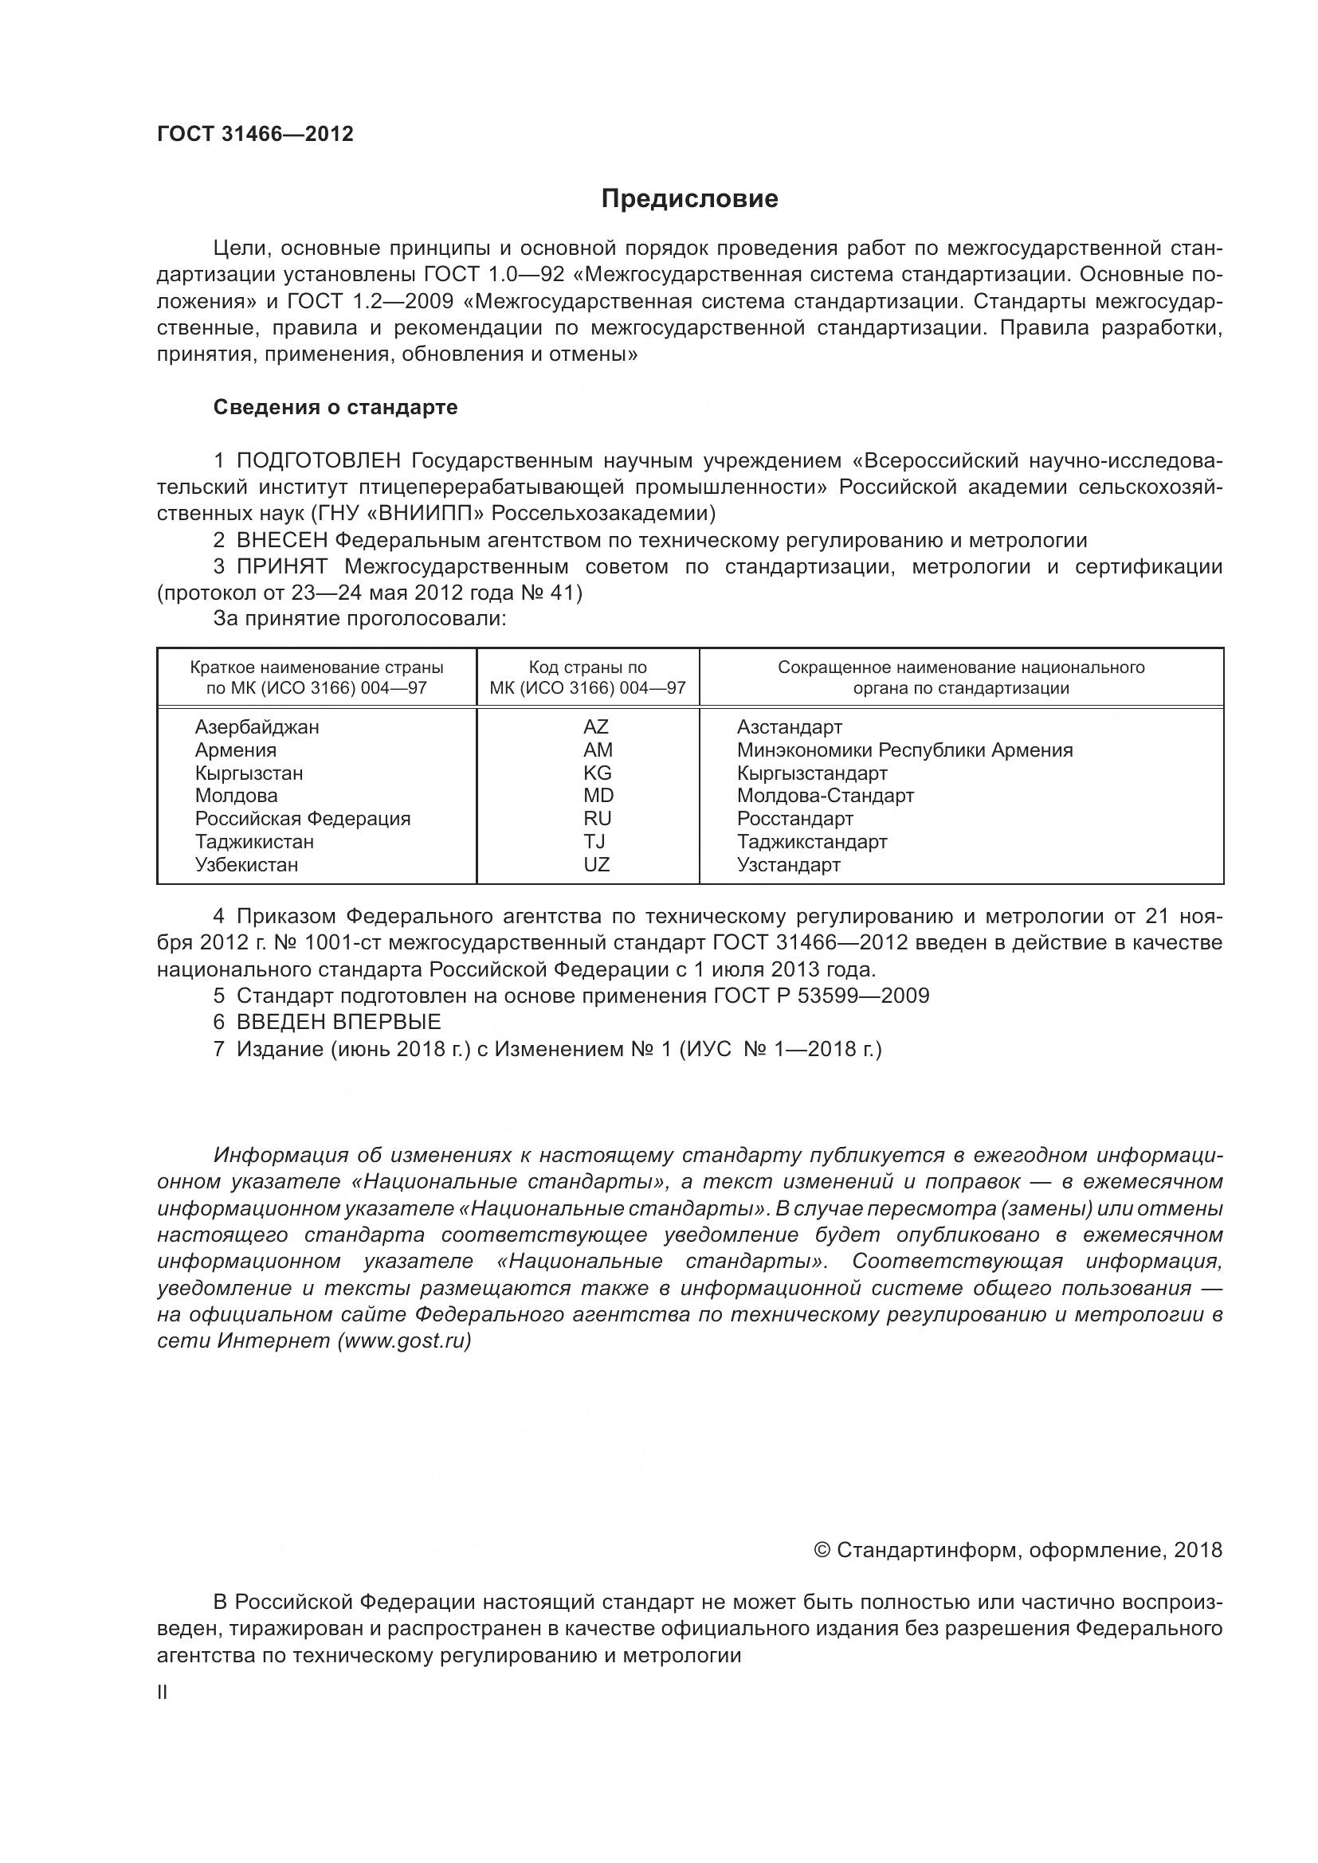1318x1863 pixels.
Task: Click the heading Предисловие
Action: [x=689, y=199]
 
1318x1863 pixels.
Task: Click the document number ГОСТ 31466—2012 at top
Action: [x=255, y=134]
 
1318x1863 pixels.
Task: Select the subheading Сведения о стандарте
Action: [x=335, y=407]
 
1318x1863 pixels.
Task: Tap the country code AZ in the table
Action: [x=596, y=727]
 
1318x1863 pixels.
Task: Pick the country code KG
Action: [x=597, y=773]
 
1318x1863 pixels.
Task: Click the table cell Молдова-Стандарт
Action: [x=826, y=795]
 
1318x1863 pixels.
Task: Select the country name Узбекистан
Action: [x=247, y=864]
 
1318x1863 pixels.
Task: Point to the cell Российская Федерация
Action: [x=303, y=818]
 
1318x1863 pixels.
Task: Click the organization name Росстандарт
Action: [x=794, y=818]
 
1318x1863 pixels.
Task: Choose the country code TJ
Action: [x=594, y=841]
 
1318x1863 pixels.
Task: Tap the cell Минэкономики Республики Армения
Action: [x=904, y=750]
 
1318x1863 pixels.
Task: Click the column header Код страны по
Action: [x=587, y=667]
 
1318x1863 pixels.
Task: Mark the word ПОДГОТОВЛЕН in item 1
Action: [x=319, y=461]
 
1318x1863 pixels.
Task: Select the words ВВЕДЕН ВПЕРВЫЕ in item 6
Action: [x=339, y=1022]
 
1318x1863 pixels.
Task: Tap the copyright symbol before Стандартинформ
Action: [x=822, y=1549]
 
